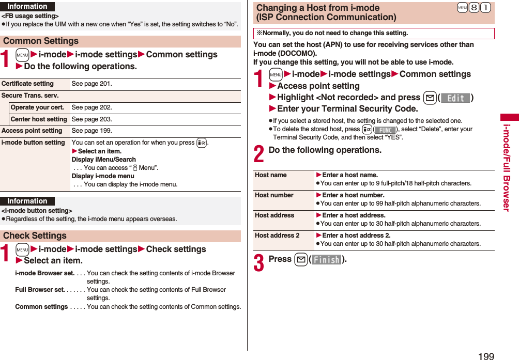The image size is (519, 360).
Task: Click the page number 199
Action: pyautogui.click(x=486, y=356)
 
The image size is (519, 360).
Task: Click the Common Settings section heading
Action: pyautogui.click(x=41, y=41)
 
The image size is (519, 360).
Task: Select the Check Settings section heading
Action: pyautogui.click(x=35, y=236)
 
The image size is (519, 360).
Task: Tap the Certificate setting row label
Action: pyautogui.click(x=27, y=84)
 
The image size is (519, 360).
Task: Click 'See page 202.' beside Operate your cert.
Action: pyautogui.click(x=91, y=107)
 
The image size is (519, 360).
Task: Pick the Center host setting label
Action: pyautogui.click(x=39, y=119)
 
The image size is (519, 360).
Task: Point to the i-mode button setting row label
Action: pyautogui.click(x=33, y=143)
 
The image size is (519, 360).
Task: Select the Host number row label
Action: pyautogui.click(x=274, y=195)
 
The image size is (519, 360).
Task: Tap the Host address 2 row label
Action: pyautogui.click(x=277, y=236)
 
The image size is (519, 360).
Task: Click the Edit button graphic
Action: pyautogui.click(x=455, y=98)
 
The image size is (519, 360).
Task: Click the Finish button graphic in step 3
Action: pyautogui.click(x=326, y=260)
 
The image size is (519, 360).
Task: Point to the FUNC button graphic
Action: pyautogui.click(x=385, y=130)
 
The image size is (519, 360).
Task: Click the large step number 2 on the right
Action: pyautogui.click(x=259, y=154)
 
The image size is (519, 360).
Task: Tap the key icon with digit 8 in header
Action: pyautogui.click(x=474, y=8)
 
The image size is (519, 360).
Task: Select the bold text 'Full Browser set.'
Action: pyautogui.click(x=40, y=290)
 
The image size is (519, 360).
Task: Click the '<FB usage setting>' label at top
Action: pyautogui.click(x=30, y=17)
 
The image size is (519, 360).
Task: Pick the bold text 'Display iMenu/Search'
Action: pyautogui.click(x=103, y=160)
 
